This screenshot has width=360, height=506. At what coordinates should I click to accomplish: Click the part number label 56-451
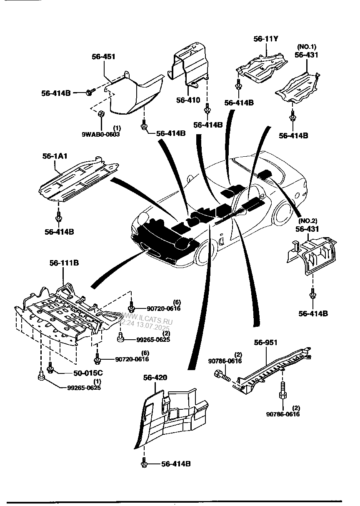[103, 57]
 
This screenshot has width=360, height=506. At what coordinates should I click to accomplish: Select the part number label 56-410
[188, 100]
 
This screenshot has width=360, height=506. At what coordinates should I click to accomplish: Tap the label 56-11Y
[266, 39]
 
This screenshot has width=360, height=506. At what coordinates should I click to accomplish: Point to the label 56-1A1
[55, 156]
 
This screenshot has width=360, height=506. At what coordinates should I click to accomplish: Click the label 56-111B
[64, 263]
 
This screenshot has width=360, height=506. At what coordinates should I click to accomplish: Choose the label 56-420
[155, 378]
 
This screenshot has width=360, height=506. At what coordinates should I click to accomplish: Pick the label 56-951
[266, 343]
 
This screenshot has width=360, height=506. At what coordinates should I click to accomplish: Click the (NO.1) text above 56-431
[306, 46]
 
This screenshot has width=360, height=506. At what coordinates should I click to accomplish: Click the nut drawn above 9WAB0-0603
[100, 113]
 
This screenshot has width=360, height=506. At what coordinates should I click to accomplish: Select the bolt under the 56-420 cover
[144, 463]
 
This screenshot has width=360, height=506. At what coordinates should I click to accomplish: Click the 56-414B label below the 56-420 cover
[175, 463]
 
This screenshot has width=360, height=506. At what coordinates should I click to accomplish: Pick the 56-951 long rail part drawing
[273, 367]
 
